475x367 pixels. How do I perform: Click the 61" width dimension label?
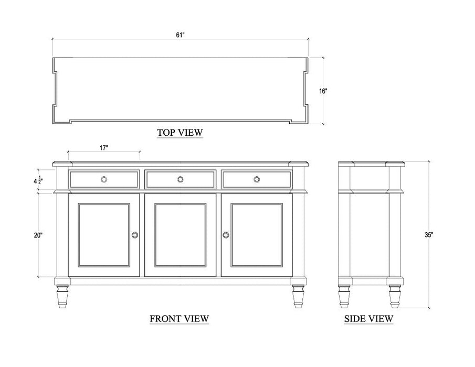[180, 35]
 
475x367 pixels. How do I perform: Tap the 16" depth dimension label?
[323, 91]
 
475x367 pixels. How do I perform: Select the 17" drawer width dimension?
[104, 148]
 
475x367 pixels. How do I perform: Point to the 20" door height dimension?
[38, 235]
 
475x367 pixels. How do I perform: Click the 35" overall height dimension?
[429, 235]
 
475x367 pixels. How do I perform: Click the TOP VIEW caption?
[180, 133]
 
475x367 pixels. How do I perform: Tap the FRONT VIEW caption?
[180, 318]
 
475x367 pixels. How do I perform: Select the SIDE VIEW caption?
[368, 318]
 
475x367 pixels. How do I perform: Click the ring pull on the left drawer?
[104, 179]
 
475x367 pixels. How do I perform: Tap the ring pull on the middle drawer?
[180, 179]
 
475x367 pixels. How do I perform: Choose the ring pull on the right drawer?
[257, 179]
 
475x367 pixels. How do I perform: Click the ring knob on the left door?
[135, 234]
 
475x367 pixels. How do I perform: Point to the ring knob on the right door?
[226, 234]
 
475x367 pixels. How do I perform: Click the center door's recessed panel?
[180, 235]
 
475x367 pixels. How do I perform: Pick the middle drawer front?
[180, 179]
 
